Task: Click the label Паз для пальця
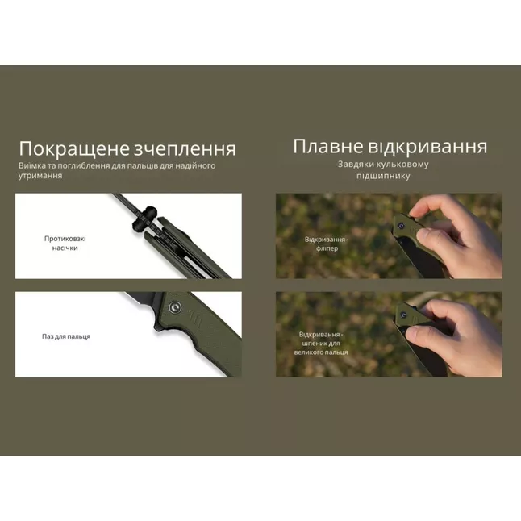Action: pyautogui.click(x=66, y=336)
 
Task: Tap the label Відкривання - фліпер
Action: pyautogui.click(x=327, y=244)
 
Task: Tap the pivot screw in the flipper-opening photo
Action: pyautogui.click(x=401, y=228)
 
